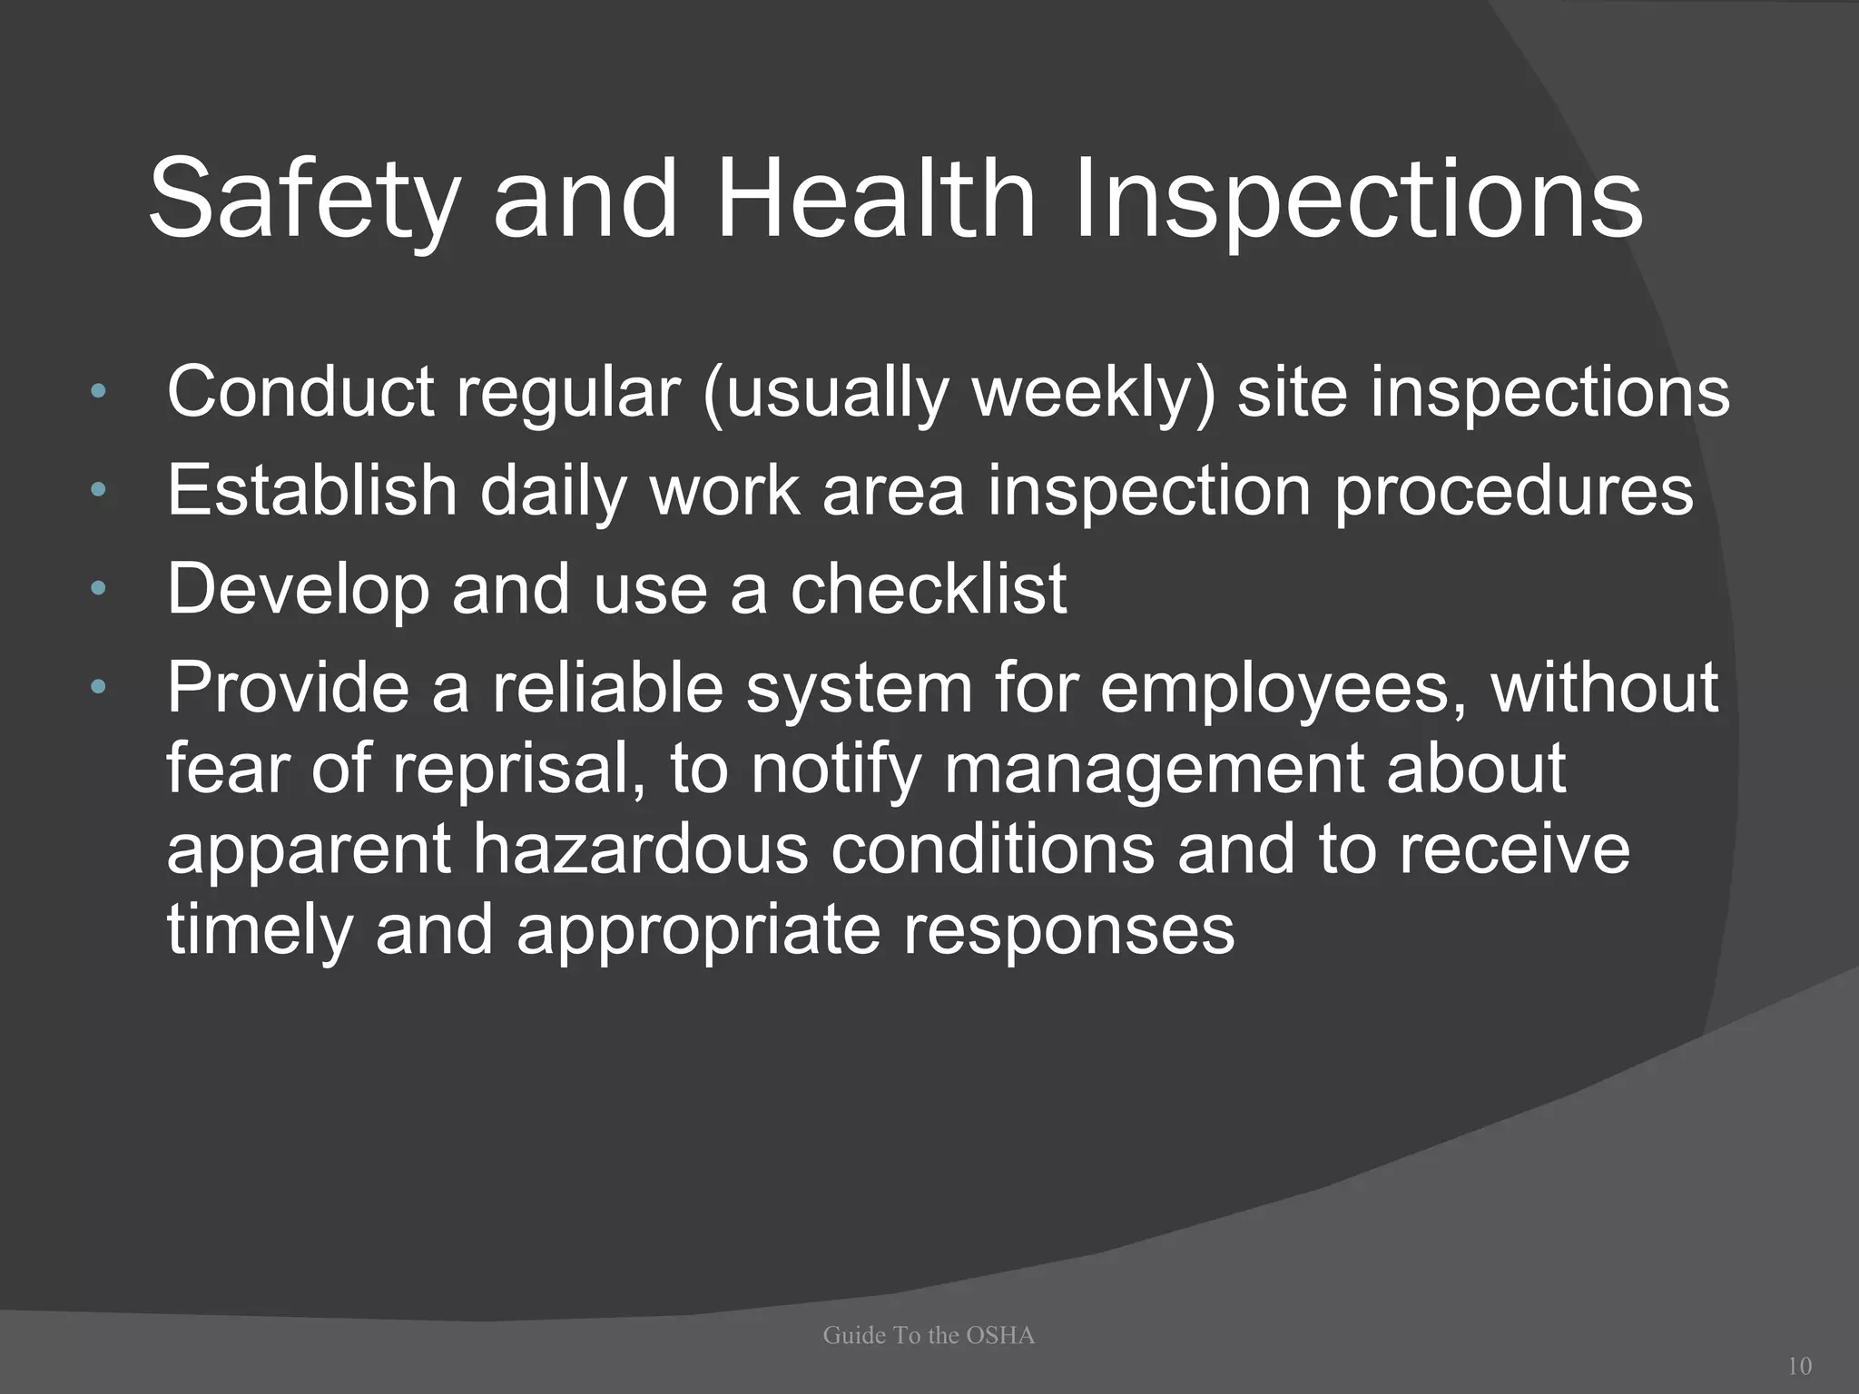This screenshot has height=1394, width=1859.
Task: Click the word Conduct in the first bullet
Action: coord(300,392)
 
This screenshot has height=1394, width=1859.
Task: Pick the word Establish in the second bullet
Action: coord(311,490)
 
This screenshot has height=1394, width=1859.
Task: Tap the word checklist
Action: coord(928,589)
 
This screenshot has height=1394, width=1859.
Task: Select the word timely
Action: coord(259,931)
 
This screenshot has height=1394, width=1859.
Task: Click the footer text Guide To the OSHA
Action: coord(929,1335)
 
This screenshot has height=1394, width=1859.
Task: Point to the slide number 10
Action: coord(1799,1365)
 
